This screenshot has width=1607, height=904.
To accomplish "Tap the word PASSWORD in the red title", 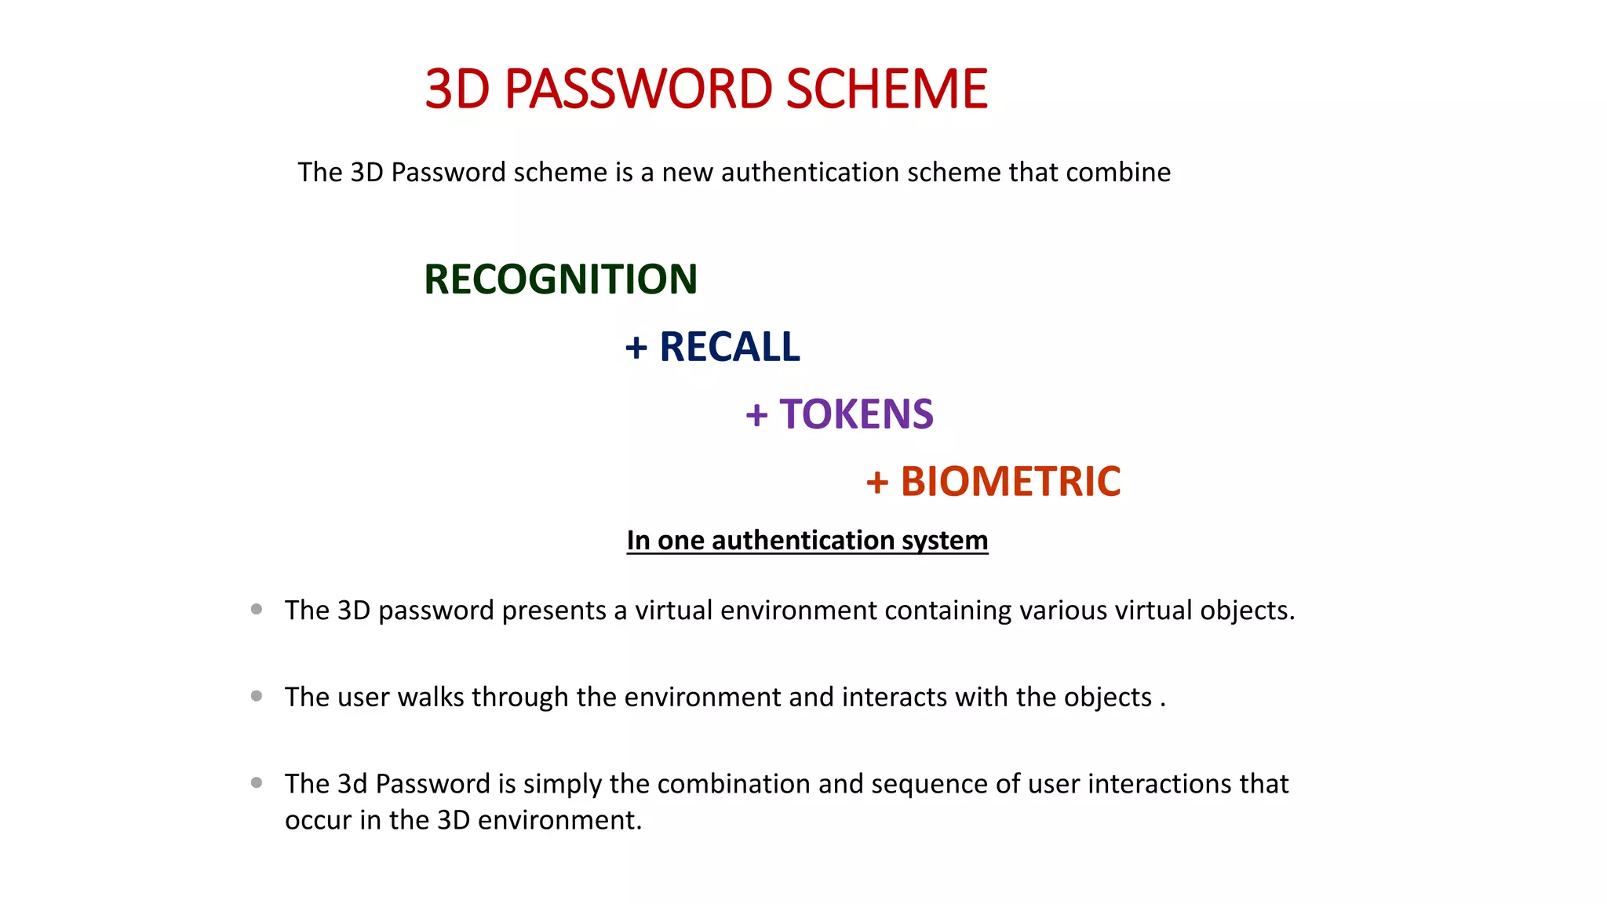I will click(638, 89).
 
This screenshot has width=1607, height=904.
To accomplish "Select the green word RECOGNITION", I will click(560, 279).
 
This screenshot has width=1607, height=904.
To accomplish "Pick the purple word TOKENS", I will click(856, 414).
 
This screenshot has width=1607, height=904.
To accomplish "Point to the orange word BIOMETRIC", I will click(1010, 482).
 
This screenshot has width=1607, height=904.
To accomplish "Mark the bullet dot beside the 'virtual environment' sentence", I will click(257, 609).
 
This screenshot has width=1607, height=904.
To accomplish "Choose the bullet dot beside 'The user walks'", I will click(257, 696).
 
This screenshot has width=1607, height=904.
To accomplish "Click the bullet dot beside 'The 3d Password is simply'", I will click(257, 782).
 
